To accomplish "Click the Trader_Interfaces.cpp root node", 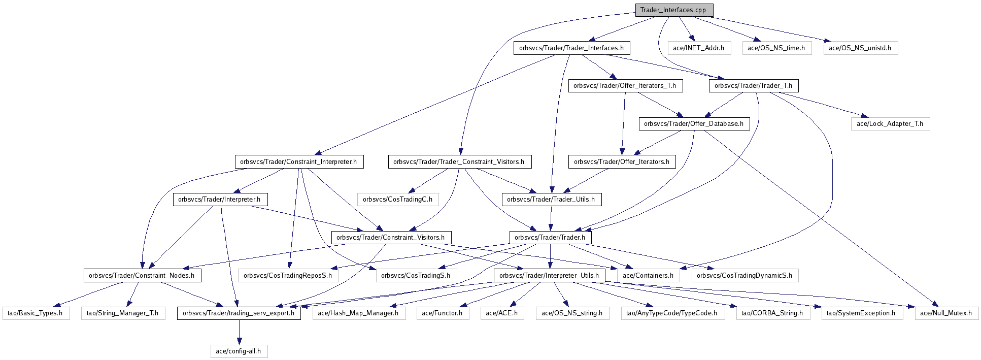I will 673,10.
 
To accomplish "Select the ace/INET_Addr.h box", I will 698,48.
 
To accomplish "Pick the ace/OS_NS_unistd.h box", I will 860,48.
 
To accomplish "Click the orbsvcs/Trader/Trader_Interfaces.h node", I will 571,48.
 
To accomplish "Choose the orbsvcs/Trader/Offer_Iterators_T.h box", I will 625,86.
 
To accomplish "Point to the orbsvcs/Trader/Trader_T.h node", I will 753,86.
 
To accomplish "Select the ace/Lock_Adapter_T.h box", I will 890,124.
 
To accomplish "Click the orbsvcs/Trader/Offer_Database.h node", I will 694,124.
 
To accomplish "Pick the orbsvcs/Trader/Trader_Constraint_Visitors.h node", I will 459,162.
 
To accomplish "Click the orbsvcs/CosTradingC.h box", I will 397,200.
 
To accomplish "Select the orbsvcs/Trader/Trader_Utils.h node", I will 551,200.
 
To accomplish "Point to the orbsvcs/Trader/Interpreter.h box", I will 219,200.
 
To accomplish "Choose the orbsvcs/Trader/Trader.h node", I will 550,238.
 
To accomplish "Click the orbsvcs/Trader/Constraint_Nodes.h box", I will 142,276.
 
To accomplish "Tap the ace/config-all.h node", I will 239,351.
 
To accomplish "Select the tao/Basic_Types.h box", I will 35,313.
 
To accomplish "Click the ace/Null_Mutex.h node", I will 946,313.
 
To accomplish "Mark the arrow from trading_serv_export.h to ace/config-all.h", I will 239,332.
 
